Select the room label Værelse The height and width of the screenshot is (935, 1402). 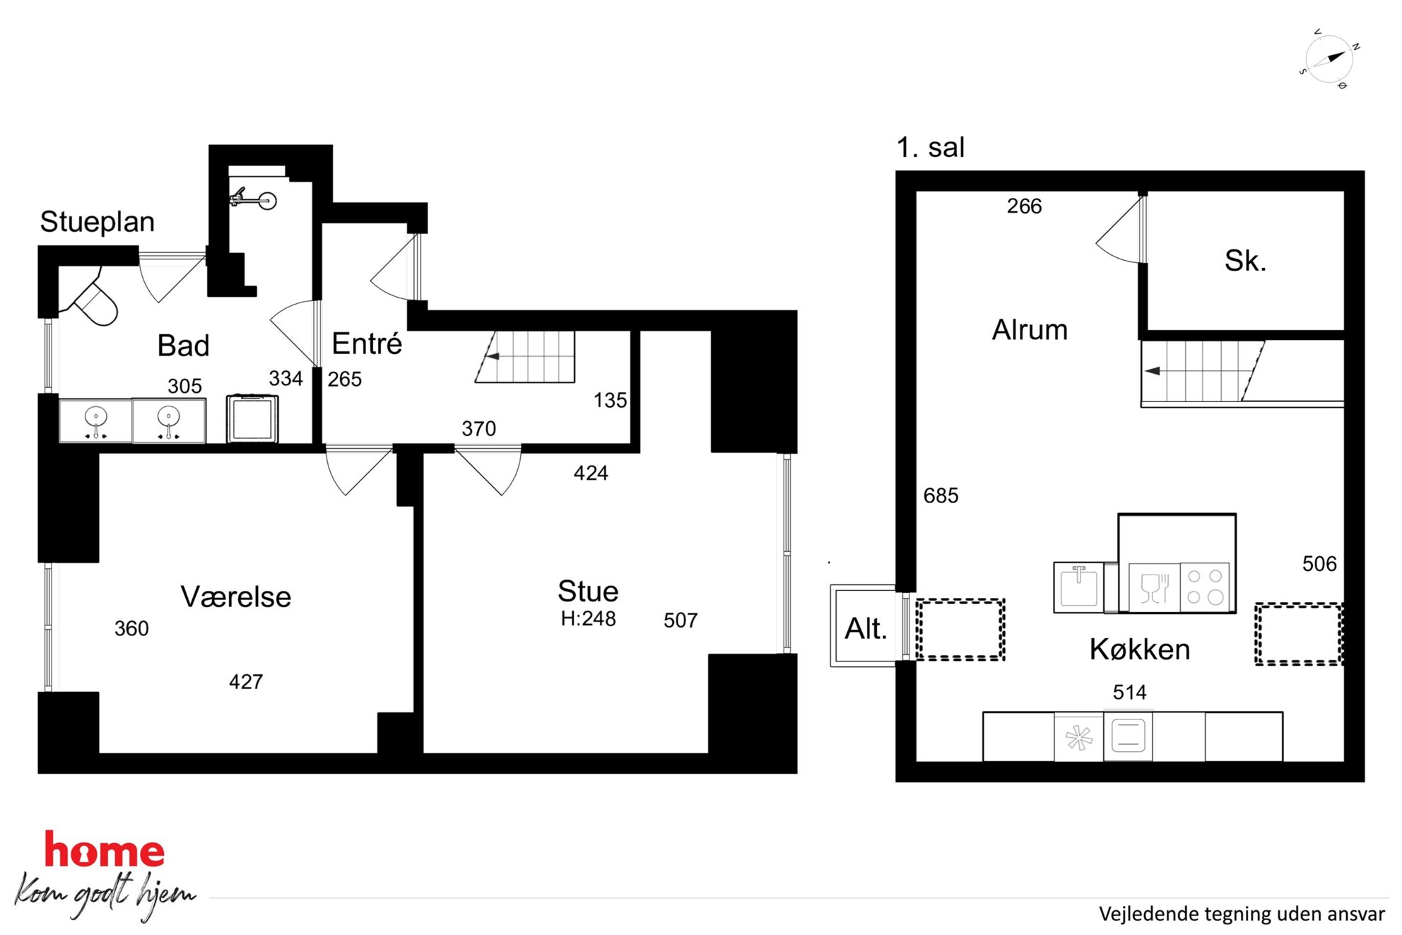tap(236, 597)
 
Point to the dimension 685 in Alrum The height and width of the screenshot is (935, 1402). tap(941, 495)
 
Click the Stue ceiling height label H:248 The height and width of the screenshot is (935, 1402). tap(588, 619)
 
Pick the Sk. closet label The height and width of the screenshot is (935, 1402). tap(1245, 261)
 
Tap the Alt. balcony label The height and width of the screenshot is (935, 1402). tap(866, 628)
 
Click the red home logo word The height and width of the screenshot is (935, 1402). tap(105, 850)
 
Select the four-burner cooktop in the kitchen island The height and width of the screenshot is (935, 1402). tap(1205, 587)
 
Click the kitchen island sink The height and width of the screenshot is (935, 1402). tap(1078, 587)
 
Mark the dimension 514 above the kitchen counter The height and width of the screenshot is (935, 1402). tap(1129, 693)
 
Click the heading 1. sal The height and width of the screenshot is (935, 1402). tap(930, 148)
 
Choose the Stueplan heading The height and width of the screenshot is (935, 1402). tap(98, 222)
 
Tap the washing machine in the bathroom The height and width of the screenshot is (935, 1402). tap(252, 418)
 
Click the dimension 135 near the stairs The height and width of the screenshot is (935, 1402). tap(610, 401)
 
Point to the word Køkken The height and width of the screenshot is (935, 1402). tap(1139, 649)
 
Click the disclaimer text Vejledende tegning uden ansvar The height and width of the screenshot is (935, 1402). tap(1242, 915)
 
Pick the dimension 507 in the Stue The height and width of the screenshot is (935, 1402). tap(681, 621)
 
